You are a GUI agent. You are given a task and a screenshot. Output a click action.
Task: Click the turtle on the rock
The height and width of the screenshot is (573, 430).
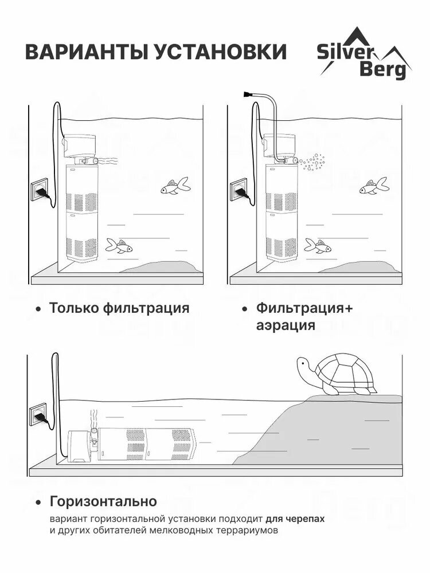point(338,375)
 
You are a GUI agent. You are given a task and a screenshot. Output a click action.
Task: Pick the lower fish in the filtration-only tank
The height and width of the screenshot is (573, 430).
point(120,247)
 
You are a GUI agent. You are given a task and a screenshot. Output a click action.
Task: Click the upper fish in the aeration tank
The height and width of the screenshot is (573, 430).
point(373,186)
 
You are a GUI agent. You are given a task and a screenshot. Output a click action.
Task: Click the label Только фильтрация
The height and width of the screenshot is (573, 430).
point(119,308)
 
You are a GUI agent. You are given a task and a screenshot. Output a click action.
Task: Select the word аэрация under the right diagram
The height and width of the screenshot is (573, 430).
point(286,325)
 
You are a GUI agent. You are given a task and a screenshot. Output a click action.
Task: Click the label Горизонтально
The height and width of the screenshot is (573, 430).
point(103,502)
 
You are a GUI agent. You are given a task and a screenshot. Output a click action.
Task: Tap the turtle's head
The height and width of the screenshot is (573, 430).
point(303,364)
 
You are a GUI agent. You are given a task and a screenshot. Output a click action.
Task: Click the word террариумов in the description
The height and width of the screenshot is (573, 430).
point(244,531)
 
